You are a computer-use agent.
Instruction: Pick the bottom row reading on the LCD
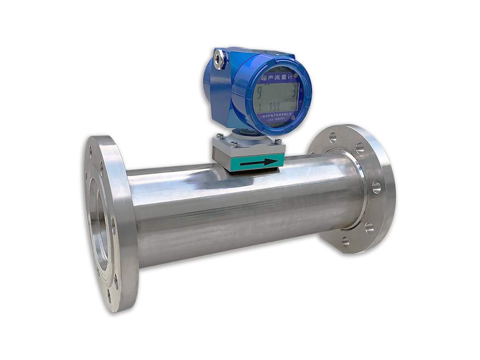pos(271,106)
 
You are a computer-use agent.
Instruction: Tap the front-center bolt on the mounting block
pos(234,144)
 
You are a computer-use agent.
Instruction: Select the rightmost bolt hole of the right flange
pos(376,187)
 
